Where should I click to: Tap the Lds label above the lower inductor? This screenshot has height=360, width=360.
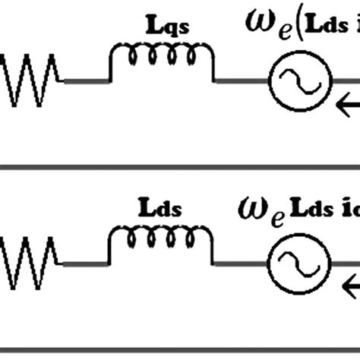159,207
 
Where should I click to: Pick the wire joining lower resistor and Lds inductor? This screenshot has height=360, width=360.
84,264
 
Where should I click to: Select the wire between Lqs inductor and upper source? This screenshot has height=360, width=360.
241,80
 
